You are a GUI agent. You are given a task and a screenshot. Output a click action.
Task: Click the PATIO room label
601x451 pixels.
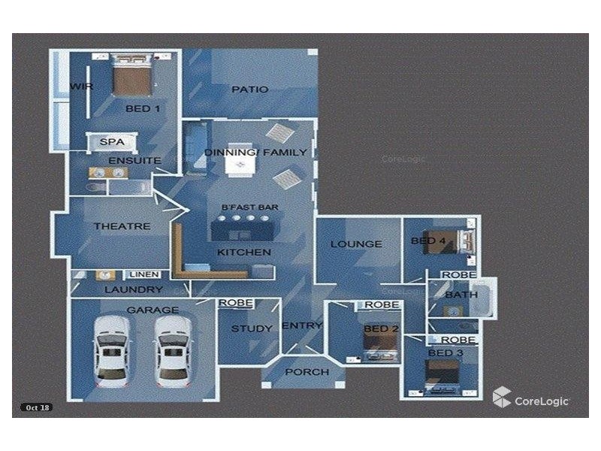[x=250, y=89]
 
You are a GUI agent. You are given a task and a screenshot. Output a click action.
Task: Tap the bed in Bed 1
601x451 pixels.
[x=131, y=75]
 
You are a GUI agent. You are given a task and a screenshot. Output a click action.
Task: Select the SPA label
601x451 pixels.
[x=112, y=142]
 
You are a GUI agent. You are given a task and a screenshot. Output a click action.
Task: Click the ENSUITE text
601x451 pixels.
[x=135, y=160]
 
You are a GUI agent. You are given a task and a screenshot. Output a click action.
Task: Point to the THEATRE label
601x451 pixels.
[x=122, y=226]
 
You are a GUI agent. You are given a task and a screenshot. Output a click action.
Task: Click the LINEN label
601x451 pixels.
[x=144, y=274]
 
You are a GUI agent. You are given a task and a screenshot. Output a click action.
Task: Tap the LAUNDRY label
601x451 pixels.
[x=134, y=289]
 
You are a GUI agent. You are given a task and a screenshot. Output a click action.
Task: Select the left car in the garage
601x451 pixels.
[x=112, y=351]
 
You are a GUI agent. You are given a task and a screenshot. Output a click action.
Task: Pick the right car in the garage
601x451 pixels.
[x=173, y=351]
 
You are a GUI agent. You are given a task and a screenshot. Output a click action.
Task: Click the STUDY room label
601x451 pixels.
[x=252, y=328]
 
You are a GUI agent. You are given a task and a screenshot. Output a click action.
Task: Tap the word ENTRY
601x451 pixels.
[x=302, y=325]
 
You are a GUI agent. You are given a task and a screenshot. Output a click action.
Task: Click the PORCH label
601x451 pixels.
[x=307, y=372]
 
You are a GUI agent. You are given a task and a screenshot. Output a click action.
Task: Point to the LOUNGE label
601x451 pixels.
[x=356, y=244]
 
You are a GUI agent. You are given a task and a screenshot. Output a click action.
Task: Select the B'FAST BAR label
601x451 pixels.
[x=250, y=207]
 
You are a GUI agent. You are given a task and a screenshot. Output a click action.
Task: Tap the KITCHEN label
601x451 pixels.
[x=244, y=253]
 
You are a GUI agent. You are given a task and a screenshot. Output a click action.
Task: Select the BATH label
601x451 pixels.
[x=461, y=295]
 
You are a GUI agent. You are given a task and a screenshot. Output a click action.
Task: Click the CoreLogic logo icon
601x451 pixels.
[x=502, y=397]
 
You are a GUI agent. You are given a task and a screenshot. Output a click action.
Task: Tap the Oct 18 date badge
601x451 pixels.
[x=37, y=407]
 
